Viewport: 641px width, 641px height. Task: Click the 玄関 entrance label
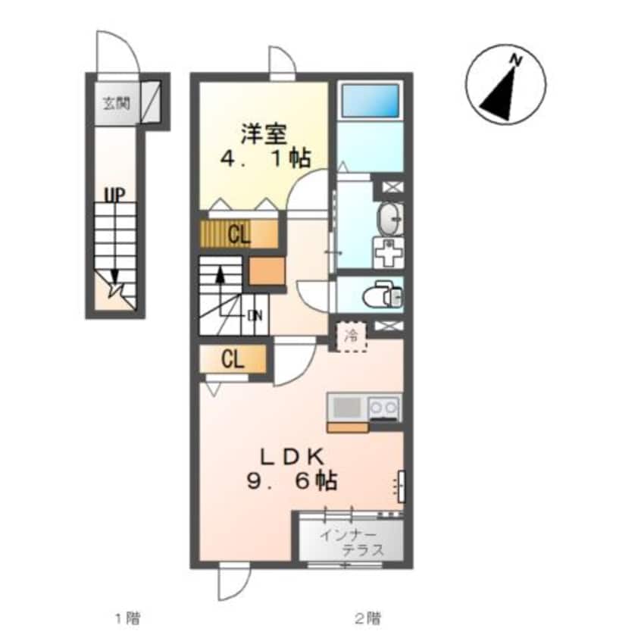point(116,104)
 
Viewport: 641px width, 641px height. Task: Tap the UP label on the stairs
point(115,195)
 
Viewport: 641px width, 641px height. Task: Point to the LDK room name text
point(292,457)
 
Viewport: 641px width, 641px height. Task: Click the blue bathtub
point(370,101)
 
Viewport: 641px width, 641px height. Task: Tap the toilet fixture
point(382,293)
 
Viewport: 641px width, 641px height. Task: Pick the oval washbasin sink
point(390,219)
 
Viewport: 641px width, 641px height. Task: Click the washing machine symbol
point(388,253)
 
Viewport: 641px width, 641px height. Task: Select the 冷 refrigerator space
point(351,336)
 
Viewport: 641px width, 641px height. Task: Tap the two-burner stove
point(383,408)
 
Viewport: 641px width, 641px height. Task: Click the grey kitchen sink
point(348,407)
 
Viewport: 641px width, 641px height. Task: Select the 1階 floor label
point(127,618)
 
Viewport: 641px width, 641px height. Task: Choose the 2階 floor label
point(367,618)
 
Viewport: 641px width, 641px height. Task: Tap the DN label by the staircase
point(255,316)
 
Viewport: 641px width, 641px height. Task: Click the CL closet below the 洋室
point(239,235)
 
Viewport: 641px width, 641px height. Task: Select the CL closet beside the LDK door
point(233,360)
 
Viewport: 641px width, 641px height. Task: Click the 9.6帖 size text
point(292,481)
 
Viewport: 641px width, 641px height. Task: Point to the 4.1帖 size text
point(265,158)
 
